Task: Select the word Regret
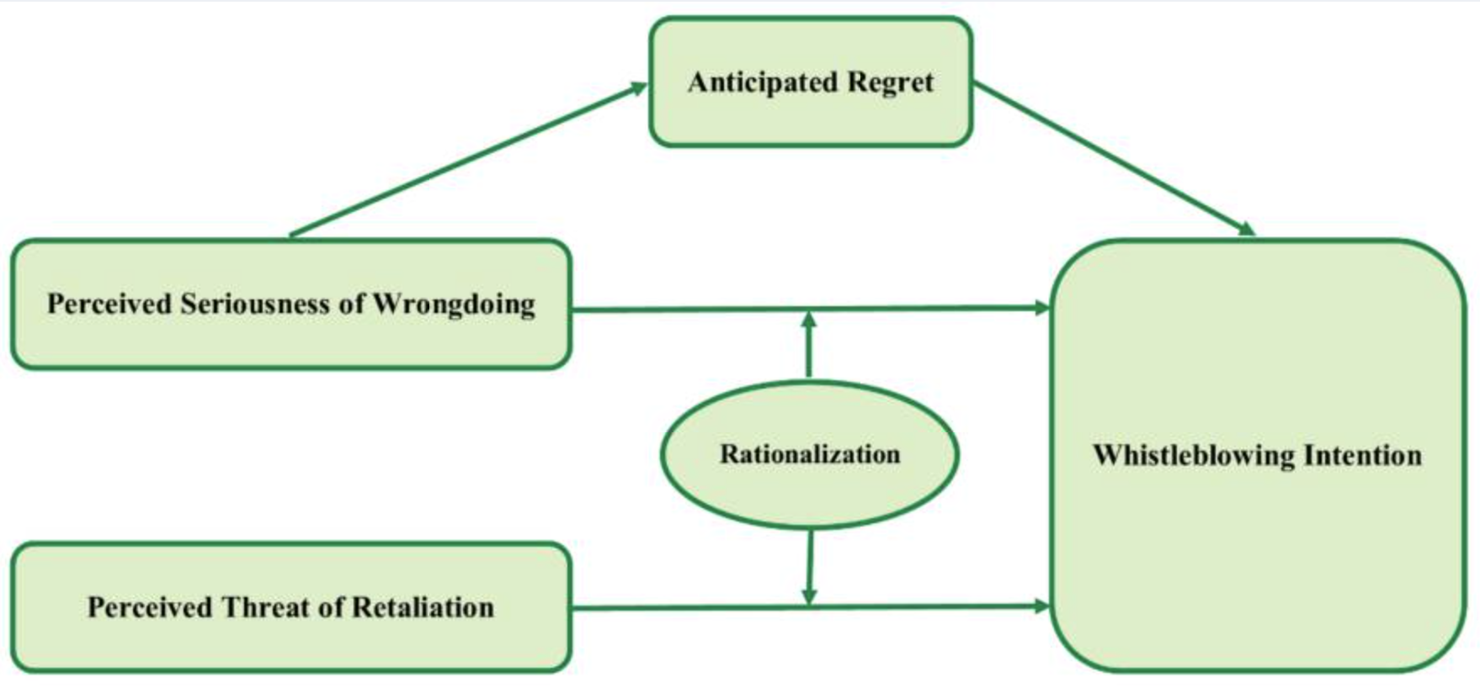click(x=891, y=82)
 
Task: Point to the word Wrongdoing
click(x=454, y=304)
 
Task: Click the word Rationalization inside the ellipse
click(x=810, y=454)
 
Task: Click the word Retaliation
click(x=423, y=607)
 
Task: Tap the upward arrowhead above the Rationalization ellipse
click(x=809, y=320)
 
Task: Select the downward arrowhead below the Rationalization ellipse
click(x=809, y=596)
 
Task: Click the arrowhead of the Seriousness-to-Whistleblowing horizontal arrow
click(x=1042, y=308)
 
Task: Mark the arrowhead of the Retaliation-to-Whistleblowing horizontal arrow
click(x=1042, y=606)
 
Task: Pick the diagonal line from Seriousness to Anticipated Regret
click(x=468, y=160)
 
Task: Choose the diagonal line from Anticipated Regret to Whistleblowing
click(x=1114, y=159)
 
